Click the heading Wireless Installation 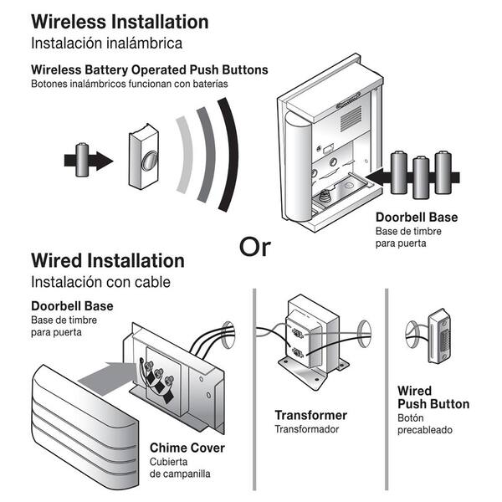(120, 21)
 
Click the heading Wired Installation (107, 260)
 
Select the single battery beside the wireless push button (82, 159)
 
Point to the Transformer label (310, 415)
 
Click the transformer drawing (311, 340)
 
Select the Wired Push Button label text (433, 397)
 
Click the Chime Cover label (187, 448)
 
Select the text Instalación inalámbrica (106, 41)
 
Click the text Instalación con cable (94, 280)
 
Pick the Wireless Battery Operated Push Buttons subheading (149, 69)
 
